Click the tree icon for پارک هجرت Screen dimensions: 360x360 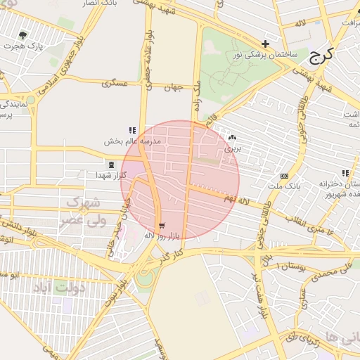(23, 34)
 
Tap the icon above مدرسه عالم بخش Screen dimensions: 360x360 (131, 130)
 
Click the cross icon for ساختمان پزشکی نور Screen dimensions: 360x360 (265, 44)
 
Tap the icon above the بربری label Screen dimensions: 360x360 (232, 138)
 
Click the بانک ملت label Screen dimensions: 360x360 (284, 186)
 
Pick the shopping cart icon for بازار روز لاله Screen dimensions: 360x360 (163, 225)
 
